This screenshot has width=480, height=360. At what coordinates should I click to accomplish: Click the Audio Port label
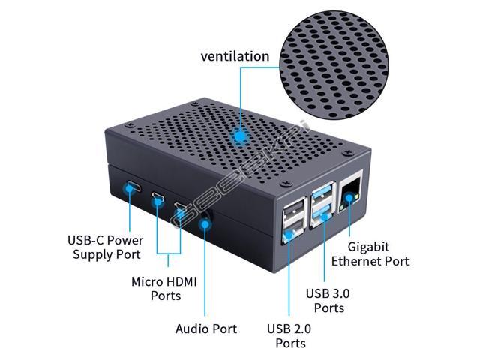(x=205, y=328)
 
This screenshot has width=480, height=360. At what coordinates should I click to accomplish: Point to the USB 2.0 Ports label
(x=289, y=335)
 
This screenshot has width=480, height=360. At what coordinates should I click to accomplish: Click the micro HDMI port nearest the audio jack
(x=179, y=208)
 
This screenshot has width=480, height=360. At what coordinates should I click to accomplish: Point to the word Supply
(x=90, y=254)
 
